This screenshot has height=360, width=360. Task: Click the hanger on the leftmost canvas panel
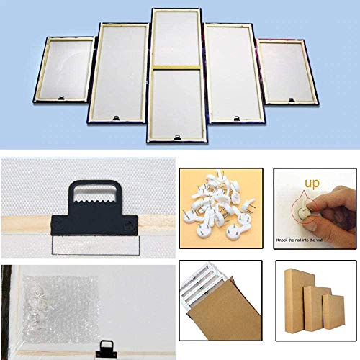point(62,97)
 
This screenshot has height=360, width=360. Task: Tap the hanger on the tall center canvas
point(177,138)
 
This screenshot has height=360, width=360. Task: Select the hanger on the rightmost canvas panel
point(292,100)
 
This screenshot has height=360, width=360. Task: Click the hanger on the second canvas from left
point(116,118)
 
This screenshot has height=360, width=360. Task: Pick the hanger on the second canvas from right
point(237,118)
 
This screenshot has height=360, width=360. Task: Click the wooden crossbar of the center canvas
point(177,68)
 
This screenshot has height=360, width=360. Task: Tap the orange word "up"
point(312,184)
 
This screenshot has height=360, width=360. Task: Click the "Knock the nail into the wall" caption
point(300,240)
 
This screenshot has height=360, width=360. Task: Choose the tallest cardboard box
point(297,300)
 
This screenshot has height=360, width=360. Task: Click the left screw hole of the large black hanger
point(58,223)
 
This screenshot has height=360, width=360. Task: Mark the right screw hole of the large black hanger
point(130,224)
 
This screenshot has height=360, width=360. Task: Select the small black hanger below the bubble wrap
point(106,349)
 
